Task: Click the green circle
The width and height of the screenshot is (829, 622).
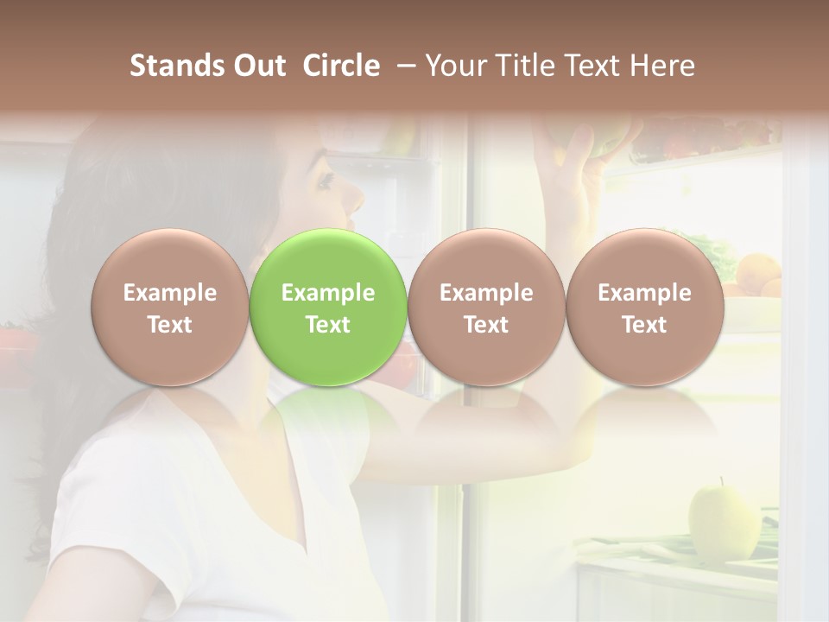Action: coord(327,308)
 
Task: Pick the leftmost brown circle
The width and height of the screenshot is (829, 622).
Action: coord(169,308)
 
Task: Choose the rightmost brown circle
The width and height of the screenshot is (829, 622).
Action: coord(644,308)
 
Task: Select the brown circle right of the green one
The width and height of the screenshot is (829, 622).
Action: coord(486,308)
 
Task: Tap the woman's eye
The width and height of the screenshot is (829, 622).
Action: coord(326,181)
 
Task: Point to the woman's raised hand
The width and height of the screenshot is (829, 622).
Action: coord(574,160)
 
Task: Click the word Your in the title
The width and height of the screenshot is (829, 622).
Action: coord(452,66)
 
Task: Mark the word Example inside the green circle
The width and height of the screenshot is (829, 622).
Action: coord(327,293)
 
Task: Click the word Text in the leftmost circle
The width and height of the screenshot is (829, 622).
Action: coord(169,325)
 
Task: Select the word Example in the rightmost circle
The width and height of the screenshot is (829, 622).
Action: coord(644,293)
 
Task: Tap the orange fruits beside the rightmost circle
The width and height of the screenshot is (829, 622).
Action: coord(758,275)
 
